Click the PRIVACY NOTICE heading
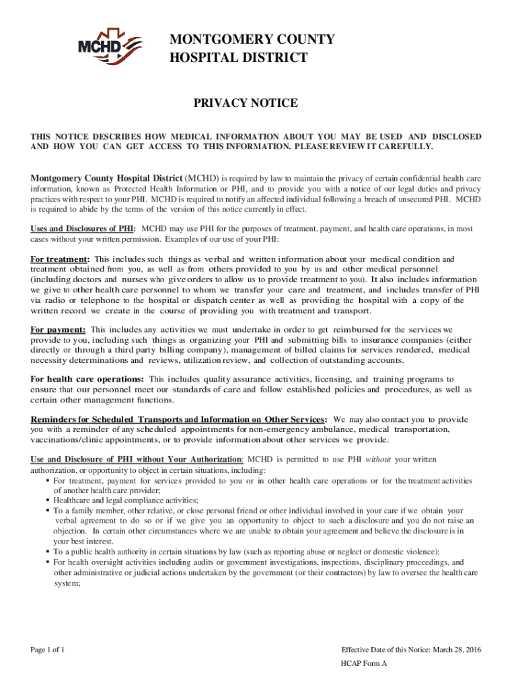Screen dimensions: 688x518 tap(246, 103)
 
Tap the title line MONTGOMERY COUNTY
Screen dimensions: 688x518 tap(251, 40)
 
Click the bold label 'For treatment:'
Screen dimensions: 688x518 tap(61, 259)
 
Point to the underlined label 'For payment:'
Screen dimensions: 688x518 tap(58, 330)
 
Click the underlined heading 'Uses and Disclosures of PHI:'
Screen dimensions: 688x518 tap(83, 229)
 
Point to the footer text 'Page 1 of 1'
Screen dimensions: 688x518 tap(47, 650)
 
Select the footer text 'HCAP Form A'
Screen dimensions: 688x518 tap(364, 663)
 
